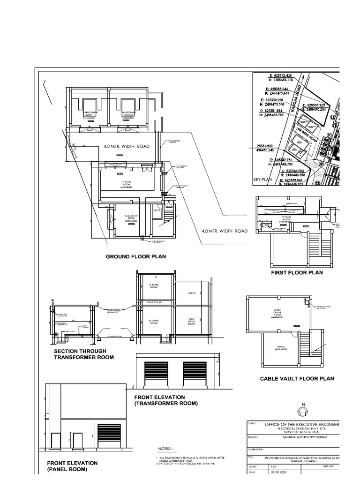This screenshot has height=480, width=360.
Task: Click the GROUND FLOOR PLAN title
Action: [135, 257]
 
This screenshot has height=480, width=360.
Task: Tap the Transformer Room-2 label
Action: [128, 114]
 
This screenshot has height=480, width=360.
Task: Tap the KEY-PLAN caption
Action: [263, 179]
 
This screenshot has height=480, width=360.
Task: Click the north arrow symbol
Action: [303, 411]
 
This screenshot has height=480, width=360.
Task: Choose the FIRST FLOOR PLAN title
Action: [297, 272]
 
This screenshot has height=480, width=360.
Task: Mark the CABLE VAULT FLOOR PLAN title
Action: [297, 378]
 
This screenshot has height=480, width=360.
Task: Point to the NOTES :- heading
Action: [168, 448]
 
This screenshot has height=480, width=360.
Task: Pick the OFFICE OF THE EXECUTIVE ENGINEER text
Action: [302, 424]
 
